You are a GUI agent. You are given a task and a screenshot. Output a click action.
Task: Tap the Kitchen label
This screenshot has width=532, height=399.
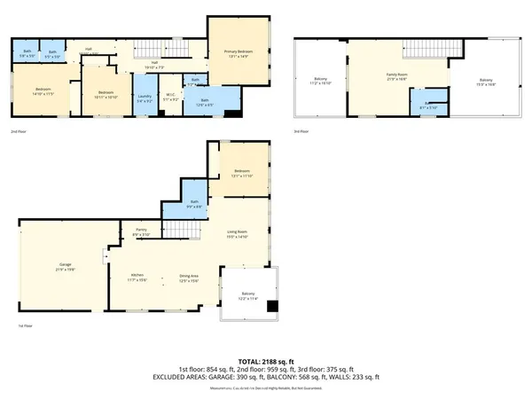[137, 278]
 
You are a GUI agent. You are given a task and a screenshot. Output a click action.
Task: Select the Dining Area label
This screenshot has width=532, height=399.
[189, 278]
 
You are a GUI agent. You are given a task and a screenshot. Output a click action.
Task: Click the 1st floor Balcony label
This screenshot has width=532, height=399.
[248, 296]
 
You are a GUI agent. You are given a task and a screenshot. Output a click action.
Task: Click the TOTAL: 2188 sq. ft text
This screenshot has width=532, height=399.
[266, 361]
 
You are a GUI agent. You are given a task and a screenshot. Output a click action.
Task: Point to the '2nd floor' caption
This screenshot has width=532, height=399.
[18, 131]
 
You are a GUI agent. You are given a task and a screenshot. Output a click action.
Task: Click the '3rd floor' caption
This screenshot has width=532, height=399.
[301, 131]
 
